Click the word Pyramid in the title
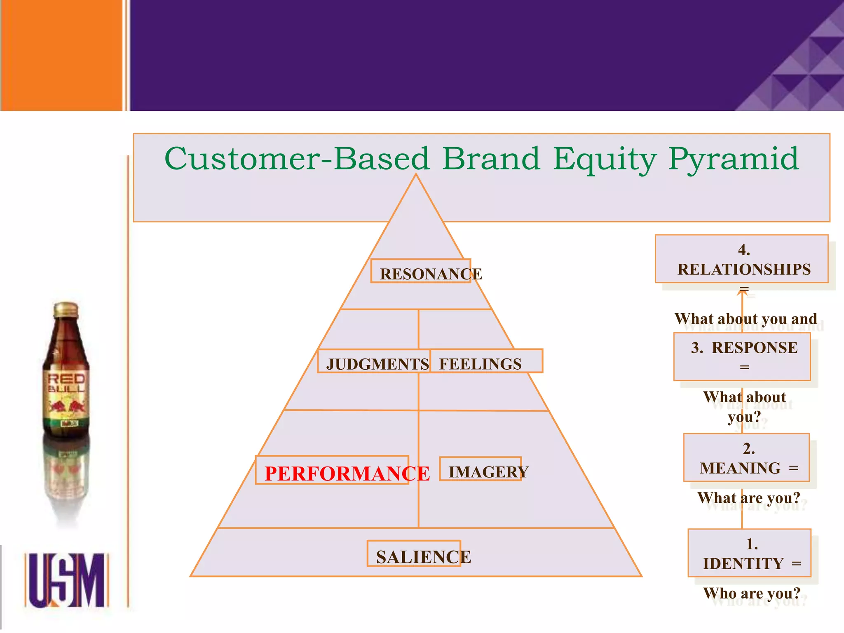point(734,160)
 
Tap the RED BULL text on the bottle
point(66,383)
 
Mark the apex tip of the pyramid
point(416,176)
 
